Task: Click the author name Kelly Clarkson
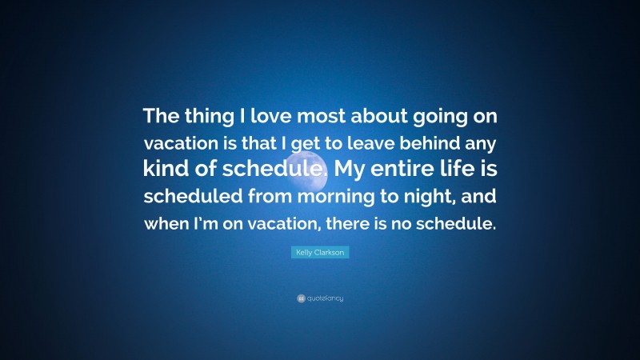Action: [x=319, y=252]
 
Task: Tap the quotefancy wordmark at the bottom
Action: [x=324, y=298]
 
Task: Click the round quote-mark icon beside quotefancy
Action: [x=301, y=298]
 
